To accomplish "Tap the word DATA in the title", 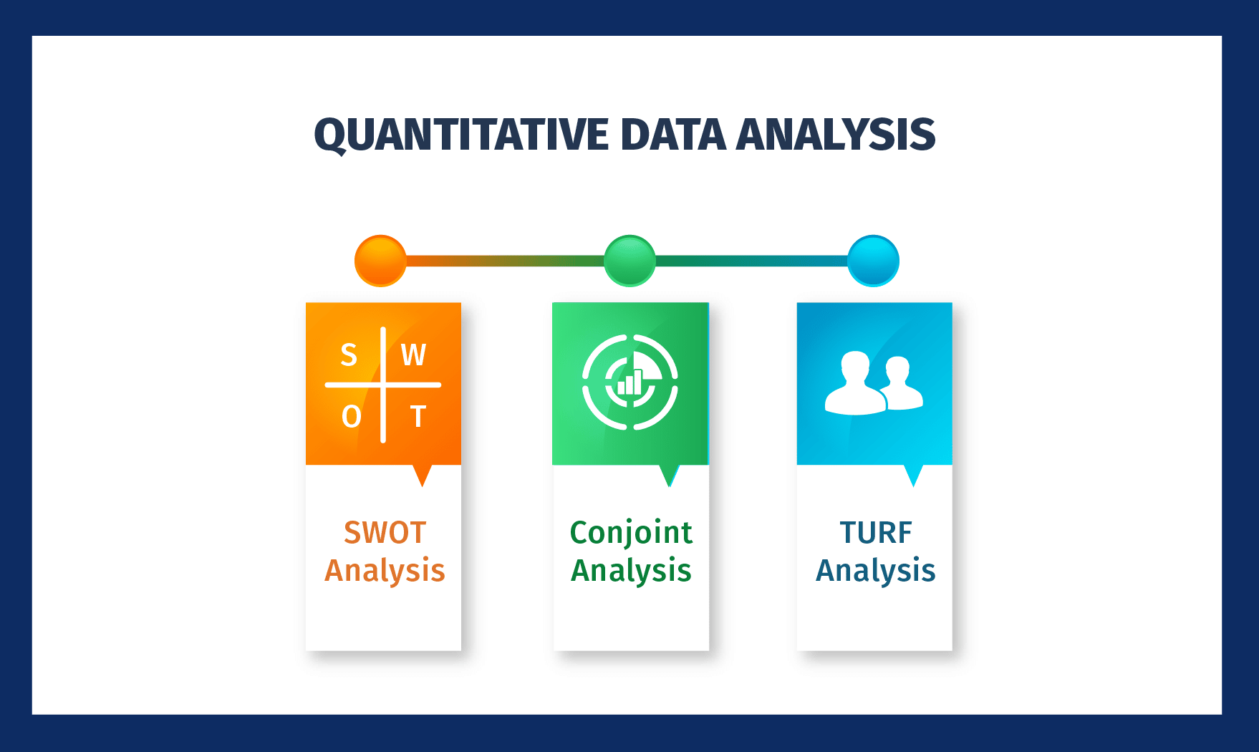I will coord(673,135).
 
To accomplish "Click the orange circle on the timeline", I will coord(380,261).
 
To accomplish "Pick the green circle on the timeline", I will coord(629,261).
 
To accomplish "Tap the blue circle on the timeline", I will coord(873,261).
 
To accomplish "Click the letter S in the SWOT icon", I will coord(349,355).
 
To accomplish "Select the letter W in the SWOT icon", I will coord(413,355).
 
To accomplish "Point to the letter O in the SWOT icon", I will coord(351,417).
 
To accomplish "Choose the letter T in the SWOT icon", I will coord(418,417).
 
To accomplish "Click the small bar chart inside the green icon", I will coord(630,383).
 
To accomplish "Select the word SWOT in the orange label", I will coord(385,533).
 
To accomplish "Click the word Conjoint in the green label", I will coord(631,533).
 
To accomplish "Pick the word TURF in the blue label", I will coord(876,533).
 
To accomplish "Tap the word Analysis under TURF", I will coord(876,571).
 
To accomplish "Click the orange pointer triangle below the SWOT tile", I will coord(423,473).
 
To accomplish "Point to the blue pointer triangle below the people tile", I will coord(913,473).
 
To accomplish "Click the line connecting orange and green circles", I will coord(505,261).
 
